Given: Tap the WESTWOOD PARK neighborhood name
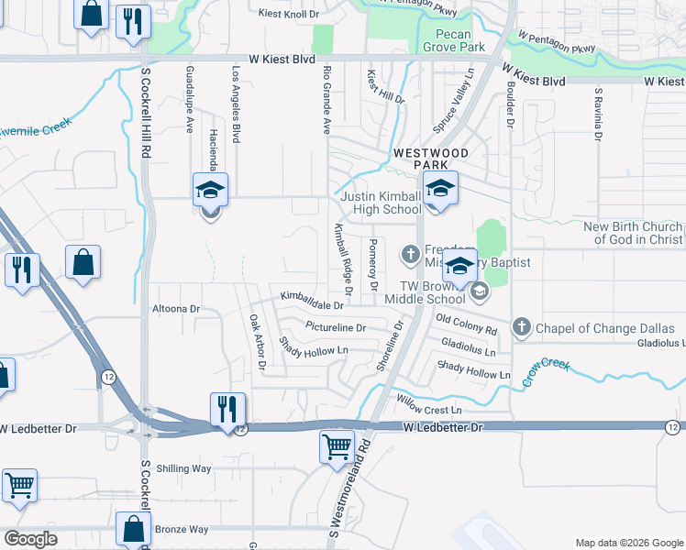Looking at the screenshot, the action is click(431, 158).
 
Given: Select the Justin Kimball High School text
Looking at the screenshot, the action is click(381, 203).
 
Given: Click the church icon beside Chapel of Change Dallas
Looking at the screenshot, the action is click(522, 326).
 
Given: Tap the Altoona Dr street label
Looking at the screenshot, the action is click(175, 309).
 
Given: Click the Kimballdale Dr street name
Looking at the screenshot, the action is click(312, 299).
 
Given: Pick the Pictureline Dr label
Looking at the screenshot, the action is click(336, 327).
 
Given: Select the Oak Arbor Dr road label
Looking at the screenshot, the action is click(257, 344).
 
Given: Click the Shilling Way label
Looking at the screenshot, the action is click(183, 468).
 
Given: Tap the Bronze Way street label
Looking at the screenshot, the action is click(182, 529).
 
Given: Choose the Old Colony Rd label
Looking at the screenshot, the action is click(466, 324).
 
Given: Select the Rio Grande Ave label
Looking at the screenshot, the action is click(326, 100).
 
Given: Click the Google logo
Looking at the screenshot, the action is click(29, 539).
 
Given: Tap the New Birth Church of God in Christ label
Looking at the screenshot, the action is click(633, 233).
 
